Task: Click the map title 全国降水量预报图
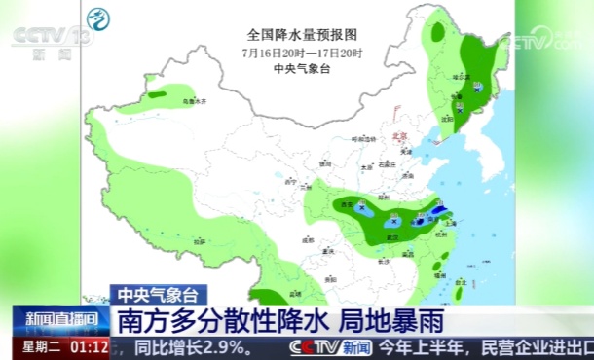[x=302, y=33]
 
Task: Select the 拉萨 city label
[x=200, y=239]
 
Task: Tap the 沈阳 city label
[x=447, y=118]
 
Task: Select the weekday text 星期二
[x=41, y=346]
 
